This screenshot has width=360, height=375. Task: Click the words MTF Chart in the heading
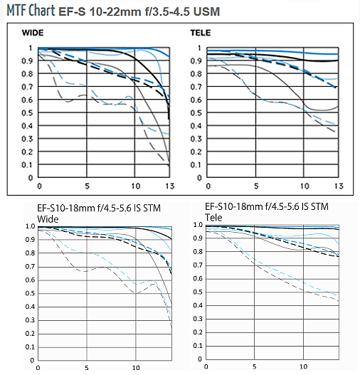pyautogui.click(x=31, y=11)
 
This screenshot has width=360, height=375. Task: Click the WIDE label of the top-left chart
pyautogui.click(x=33, y=33)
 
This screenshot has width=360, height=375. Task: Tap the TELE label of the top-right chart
pyautogui.click(x=201, y=33)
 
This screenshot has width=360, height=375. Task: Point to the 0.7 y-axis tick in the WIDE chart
pyautogui.click(x=27, y=87)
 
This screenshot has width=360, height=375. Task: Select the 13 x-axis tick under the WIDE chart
pyautogui.click(x=170, y=186)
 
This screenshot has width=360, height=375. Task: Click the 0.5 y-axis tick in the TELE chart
pyautogui.click(x=196, y=113)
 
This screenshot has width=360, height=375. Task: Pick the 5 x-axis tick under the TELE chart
pyautogui.click(x=256, y=186)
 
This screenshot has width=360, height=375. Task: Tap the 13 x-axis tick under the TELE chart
pyautogui.click(x=339, y=186)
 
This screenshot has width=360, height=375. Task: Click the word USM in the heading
pyautogui.click(x=206, y=11)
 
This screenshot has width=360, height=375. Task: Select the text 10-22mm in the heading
pyautogui.click(x=115, y=11)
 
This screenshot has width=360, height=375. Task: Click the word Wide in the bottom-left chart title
pyautogui.click(x=48, y=219)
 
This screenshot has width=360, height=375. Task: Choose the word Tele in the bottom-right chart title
pyautogui.click(x=213, y=218)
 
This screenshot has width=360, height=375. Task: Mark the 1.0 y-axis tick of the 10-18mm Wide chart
pyautogui.click(x=31, y=226)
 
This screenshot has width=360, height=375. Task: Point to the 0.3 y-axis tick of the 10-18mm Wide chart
pyautogui.click(x=31, y=320)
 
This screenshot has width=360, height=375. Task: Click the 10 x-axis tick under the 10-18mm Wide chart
pyautogui.click(x=136, y=368)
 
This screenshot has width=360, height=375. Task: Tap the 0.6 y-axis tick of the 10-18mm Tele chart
pyautogui.click(x=198, y=279)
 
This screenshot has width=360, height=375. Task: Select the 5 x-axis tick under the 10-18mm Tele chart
pyautogui.click(x=254, y=366)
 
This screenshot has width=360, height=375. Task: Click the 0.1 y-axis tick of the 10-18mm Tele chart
pyautogui.click(x=198, y=346)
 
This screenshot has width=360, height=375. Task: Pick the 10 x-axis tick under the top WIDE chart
pyautogui.click(x=136, y=186)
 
